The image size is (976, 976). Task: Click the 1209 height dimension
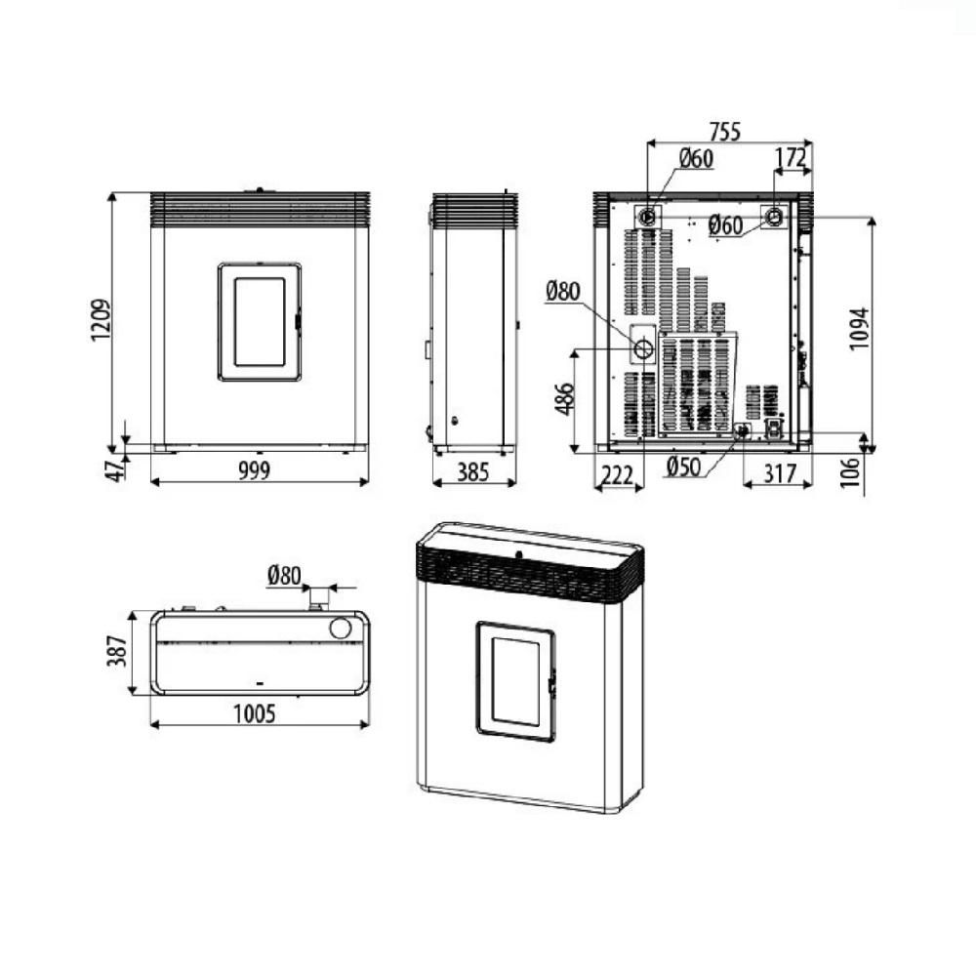coord(101,320)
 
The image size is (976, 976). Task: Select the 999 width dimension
coord(255,471)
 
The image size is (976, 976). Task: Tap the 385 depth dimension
coord(473,472)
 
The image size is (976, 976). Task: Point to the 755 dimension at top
coord(725,132)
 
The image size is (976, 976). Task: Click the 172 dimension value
coord(792,157)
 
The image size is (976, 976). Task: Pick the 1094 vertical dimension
coord(860,329)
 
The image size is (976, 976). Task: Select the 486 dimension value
coord(564,398)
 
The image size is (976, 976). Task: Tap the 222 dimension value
coord(618,476)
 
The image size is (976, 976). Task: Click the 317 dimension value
coord(779,473)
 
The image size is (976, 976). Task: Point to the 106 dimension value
coord(850,472)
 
